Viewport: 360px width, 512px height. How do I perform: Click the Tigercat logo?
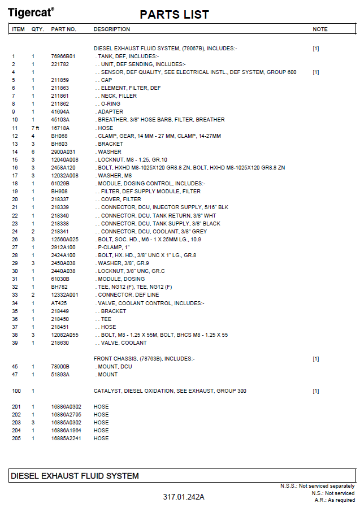(x=31, y=12)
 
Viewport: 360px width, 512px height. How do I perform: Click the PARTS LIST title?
(x=174, y=15)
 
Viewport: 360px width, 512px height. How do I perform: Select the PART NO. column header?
(x=63, y=29)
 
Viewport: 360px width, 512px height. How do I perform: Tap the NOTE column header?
(x=320, y=29)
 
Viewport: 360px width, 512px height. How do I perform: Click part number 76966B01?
(x=63, y=57)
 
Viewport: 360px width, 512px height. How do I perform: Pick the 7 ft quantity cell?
(x=34, y=128)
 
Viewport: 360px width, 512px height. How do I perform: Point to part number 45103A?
(x=60, y=120)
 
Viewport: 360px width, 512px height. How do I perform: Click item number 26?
(x=15, y=240)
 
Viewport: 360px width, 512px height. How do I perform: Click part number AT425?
(x=58, y=303)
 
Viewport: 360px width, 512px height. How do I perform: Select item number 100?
(x=16, y=391)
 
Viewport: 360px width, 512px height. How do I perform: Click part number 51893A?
(x=60, y=375)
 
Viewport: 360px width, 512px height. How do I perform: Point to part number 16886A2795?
(x=66, y=415)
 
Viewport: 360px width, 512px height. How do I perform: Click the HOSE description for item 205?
(x=101, y=439)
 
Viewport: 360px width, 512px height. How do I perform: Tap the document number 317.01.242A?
(x=184, y=497)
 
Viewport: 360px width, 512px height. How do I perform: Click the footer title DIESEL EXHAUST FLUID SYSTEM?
(x=75, y=476)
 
